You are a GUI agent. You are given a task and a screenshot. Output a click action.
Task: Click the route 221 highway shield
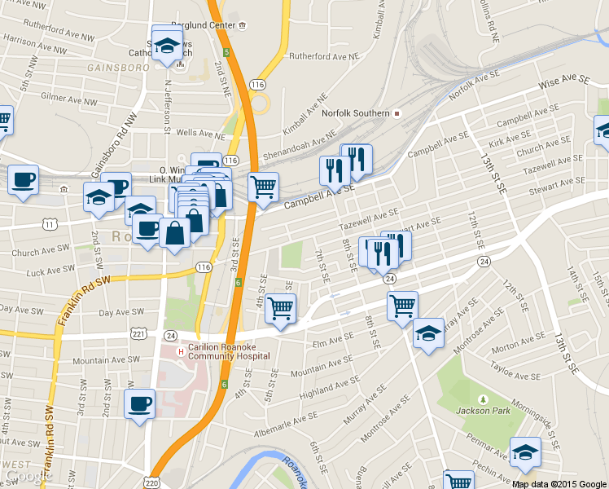pyautogui.click(x=138, y=334)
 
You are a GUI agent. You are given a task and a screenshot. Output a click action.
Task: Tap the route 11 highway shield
pyautogui.click(x=50, y=223)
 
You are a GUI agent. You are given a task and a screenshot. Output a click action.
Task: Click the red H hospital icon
pyautogui.click(x=180, y=351)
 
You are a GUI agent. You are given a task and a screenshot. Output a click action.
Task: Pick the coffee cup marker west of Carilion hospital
pyautogui.click(x=138, y=403)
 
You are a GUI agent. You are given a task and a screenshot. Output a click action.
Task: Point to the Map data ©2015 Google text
pyautogui.click(x=559, y=483)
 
